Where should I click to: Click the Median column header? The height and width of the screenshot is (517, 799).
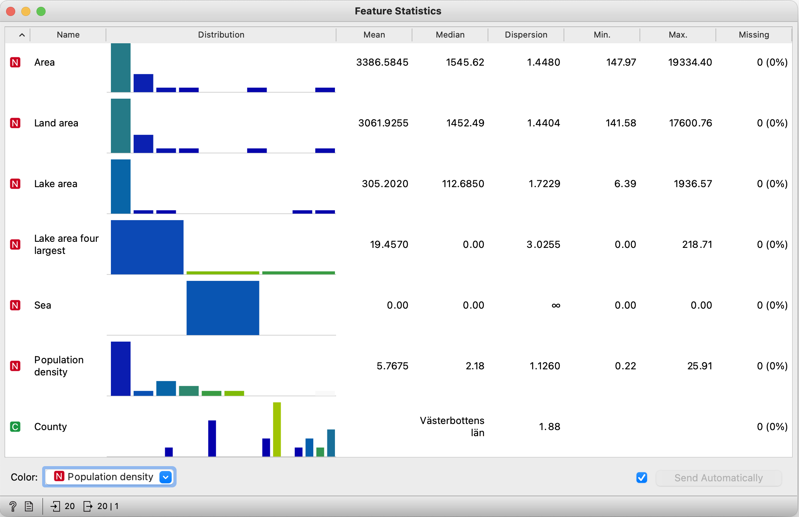[x=450, y=35]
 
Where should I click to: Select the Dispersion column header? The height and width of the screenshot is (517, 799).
[x=526, y=35]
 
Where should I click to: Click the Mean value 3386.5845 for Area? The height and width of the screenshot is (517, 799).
[x=382, y=62]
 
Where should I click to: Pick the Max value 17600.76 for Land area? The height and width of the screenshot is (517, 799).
[x=690, y=123]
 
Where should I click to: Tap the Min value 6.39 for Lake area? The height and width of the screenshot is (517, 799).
[x=625, y=184]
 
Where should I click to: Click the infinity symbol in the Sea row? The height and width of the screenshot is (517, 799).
[x=556, y=306]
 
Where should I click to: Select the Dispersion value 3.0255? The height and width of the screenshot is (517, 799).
[x=543, y=244]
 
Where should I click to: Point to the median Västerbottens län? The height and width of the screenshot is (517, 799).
[x=452, y=426]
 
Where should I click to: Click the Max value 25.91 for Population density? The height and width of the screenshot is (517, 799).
[x=700, y=366]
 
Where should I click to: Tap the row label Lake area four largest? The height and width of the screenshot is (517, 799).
[x=66, y=244]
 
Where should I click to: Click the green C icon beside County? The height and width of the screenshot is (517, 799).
[x=15, y=427]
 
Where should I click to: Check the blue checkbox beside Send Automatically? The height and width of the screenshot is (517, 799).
[x=642, y=478]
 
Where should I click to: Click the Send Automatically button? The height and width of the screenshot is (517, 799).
[x=718, y=478]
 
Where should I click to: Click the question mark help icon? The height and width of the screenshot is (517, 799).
[x=13, y=506]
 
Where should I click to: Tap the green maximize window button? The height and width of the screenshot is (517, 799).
[x=41, y=11]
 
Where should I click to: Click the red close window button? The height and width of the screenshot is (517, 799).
[x=11, y=11]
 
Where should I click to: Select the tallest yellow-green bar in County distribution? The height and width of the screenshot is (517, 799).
[x=277, y=429]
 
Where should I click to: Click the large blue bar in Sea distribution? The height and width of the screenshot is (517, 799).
[x=223, y=308]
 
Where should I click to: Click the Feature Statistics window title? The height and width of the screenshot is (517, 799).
[x=398, y=11]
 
